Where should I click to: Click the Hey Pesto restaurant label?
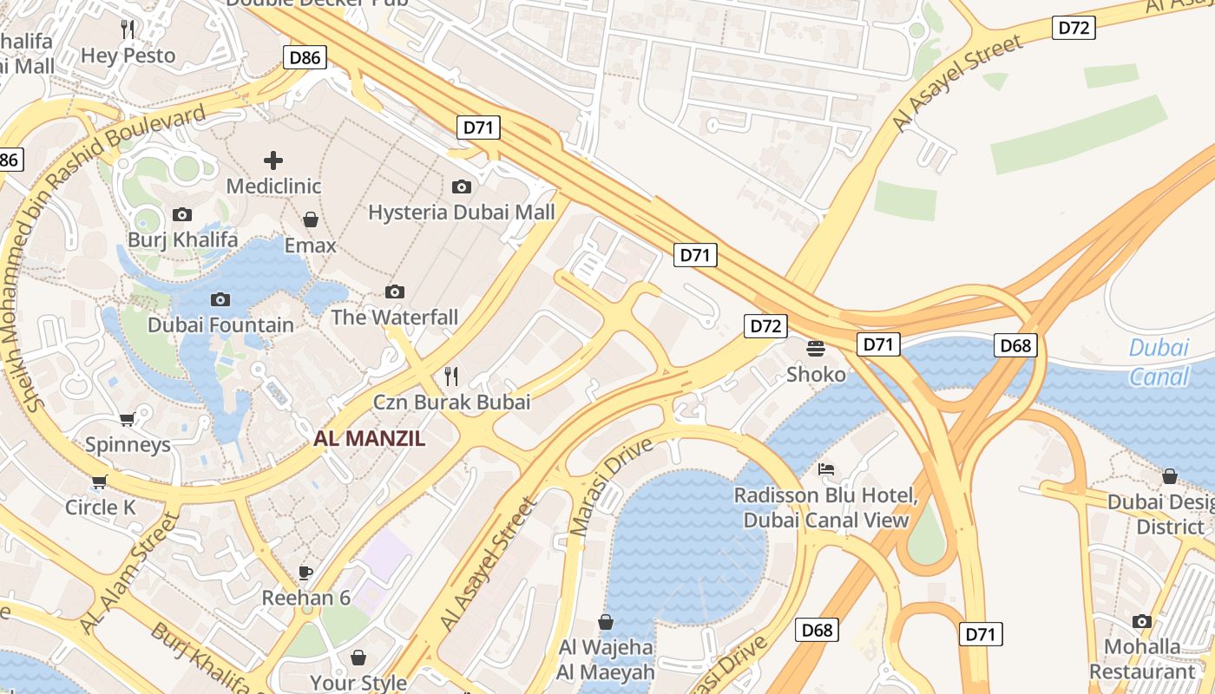tap(128, 56)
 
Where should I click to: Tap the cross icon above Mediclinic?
tap(273, 160)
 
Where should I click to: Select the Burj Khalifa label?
tap(182, 239)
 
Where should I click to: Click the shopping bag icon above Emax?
tap(311, 219)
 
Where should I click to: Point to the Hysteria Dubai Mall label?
tap(461, 213)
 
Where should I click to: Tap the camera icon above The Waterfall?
tap(395, 291)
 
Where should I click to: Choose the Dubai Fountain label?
tap(220, 325)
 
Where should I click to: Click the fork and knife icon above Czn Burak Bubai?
tap(451, 376)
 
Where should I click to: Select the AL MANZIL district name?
tap(370, 438)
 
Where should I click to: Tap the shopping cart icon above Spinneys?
tap(128, 420)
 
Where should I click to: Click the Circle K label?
tap(101, 507)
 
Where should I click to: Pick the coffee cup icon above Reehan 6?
tap(305, 572)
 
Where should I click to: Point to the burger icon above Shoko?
tap(815, 349)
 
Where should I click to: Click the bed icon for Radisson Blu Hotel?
tap(826, 469)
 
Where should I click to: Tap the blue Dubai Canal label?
tap(1159, 363)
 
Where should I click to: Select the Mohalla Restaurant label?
tap(1142, 659)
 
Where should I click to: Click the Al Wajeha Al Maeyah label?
tap(607, 659)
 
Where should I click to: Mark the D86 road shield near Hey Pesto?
tap(305, 58)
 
